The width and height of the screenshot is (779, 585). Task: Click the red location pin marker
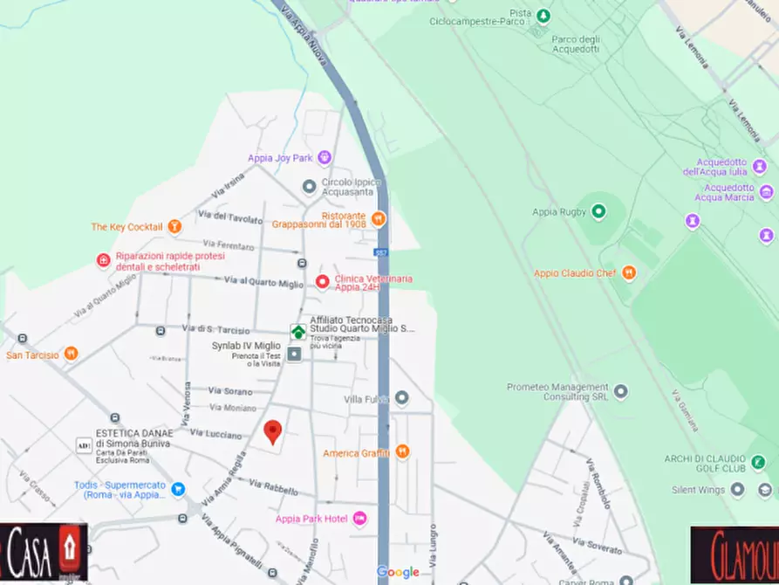[273, 431]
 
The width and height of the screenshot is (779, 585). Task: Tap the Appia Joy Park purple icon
[325, 158]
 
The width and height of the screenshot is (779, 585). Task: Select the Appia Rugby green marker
[598, 211]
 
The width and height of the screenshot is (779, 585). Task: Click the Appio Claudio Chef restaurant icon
[629, 272]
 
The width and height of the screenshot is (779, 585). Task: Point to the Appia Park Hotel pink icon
[359, 520]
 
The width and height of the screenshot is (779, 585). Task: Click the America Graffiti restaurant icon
[402, 452]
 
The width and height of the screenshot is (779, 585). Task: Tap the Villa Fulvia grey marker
[402, 398]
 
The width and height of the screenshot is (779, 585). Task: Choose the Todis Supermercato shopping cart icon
[179, 489]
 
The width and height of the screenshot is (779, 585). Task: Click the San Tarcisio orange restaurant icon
[71, 354]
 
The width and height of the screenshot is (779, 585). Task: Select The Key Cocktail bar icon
[174, 227]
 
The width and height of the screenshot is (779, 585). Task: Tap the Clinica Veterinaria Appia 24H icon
[322, 281]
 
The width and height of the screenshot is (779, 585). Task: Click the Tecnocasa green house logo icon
[298, 332]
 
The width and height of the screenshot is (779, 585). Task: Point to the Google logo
[398, 573]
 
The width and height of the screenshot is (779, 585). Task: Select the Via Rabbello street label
[274, 489]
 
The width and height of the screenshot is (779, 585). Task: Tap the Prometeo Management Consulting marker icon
[620, 391]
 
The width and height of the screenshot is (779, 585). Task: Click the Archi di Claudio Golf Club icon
[757, 460]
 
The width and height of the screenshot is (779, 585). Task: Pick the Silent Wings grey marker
[738, 490]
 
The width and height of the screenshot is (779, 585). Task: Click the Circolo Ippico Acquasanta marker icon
[309, 187]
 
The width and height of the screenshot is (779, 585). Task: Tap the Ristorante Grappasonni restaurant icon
[378, 218]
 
